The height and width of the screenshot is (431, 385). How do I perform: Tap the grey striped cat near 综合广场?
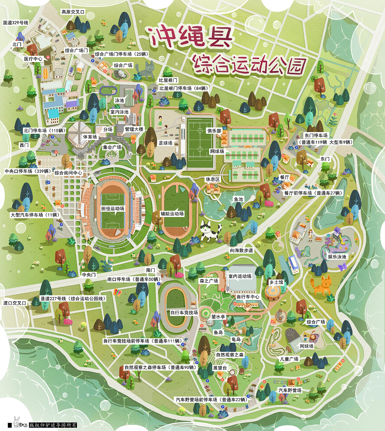tap(145, 70)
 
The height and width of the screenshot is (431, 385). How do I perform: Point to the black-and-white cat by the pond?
tap(210, 231)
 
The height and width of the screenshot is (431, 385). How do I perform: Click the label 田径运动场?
tap(113, 208)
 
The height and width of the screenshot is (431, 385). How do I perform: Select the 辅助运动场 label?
tap(172, 214)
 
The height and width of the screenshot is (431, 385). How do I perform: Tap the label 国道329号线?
tap(16, 23)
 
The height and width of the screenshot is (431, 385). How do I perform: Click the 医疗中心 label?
tap(33, 59)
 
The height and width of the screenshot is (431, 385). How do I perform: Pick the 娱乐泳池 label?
tap(337, 257)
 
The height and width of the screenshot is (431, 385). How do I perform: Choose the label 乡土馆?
tap(276, 282)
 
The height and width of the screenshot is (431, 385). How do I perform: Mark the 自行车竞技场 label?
tap(184, 312)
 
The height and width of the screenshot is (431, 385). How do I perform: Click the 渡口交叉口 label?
tap(15, 303)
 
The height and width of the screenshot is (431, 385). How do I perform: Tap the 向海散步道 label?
tap(242, 250)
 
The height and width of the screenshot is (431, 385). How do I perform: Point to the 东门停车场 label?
tap(316, 136)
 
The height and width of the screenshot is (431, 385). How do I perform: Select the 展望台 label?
tap(220, 368)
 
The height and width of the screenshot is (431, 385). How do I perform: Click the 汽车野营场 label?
tap(290, 390)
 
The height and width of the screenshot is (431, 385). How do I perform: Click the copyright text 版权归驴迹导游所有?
tap(53, 425)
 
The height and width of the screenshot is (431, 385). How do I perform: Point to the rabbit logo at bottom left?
tap(17, 422)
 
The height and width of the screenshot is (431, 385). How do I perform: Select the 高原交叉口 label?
tap(73, 12)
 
